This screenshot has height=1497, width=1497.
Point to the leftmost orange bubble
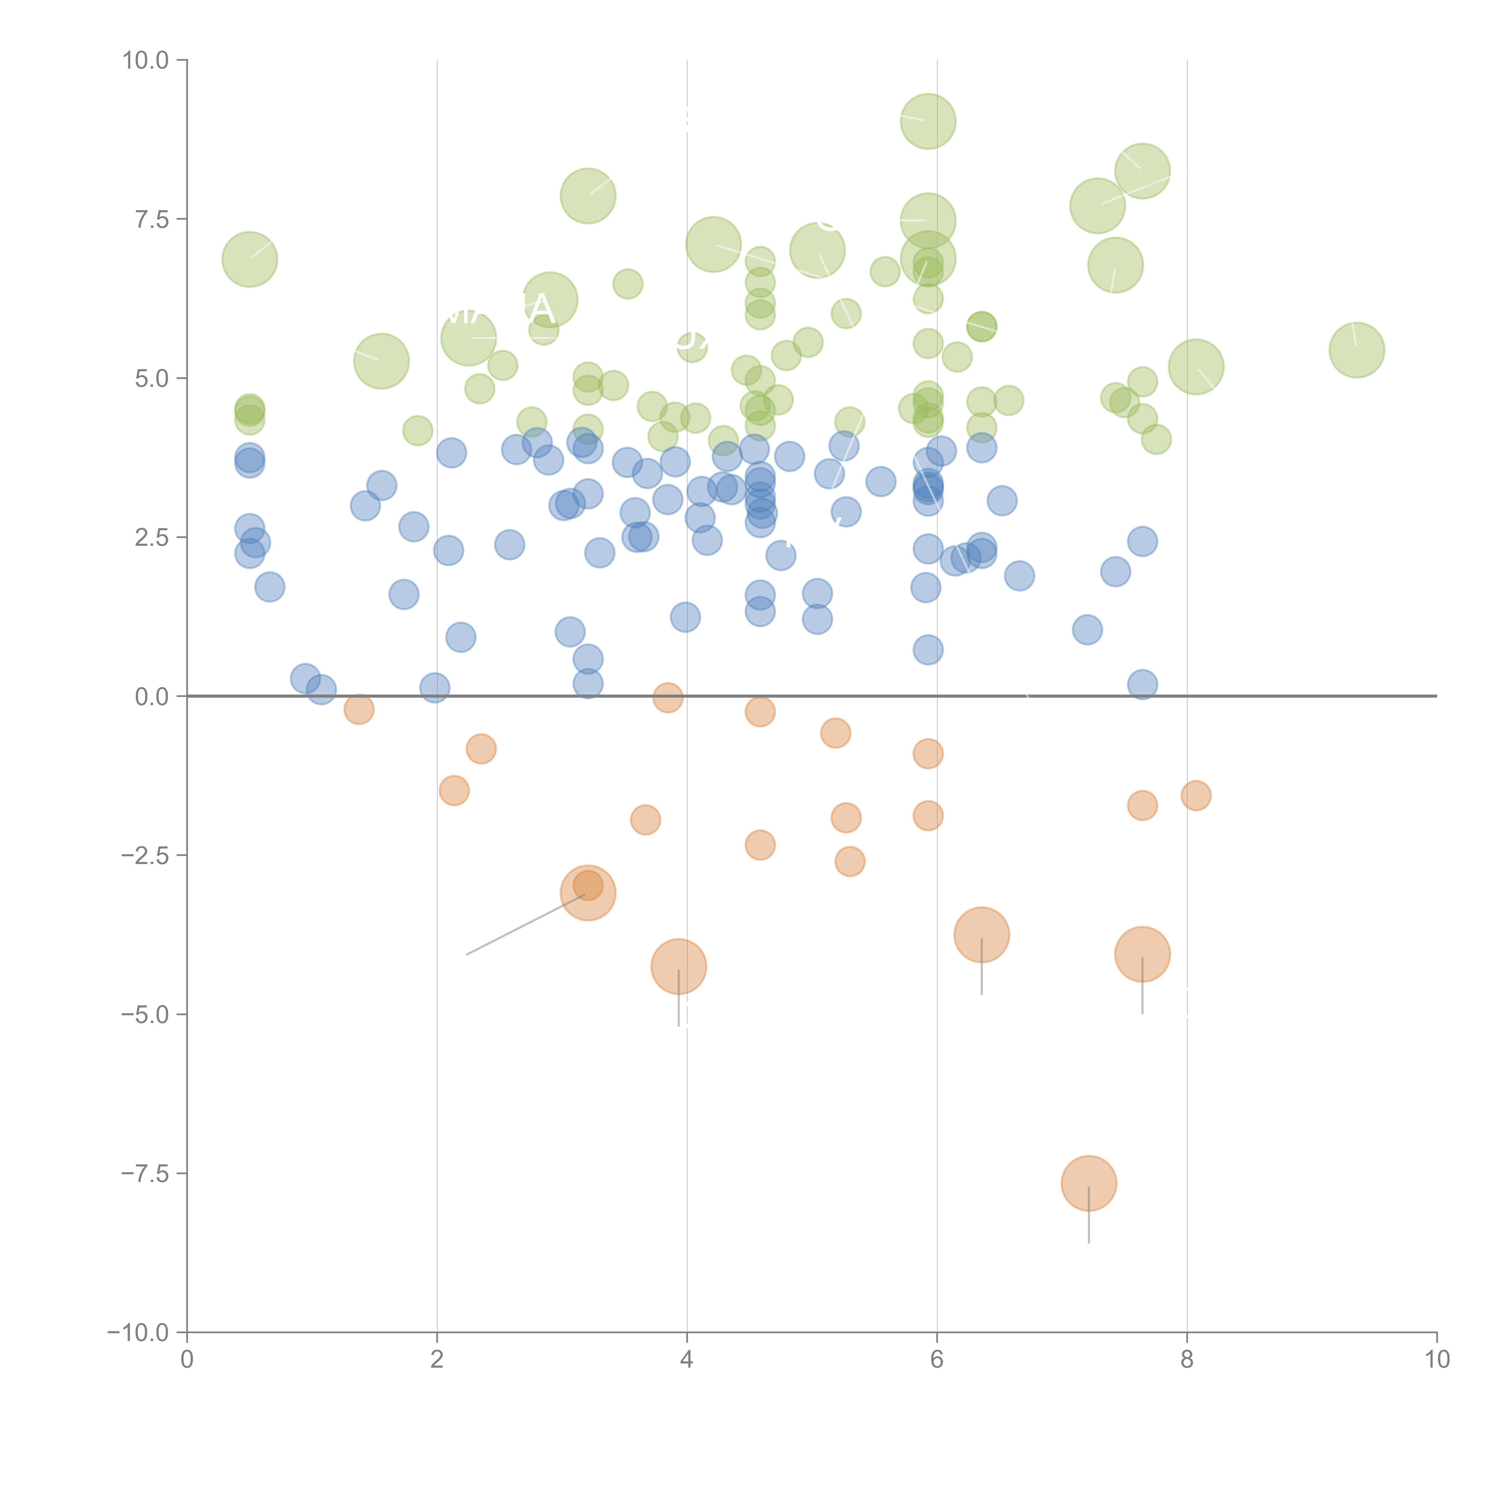[x=359, y=709]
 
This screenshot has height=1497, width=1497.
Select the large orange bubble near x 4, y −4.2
[x=679, y=966]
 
